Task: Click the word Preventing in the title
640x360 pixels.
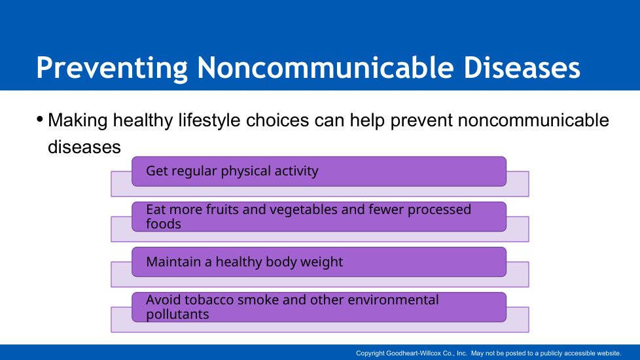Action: coord(112,68)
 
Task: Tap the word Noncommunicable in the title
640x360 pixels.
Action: coord(325,67)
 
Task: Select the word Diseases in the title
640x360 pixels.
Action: coord(522,67)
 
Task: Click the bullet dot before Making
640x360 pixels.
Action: coord(40,120)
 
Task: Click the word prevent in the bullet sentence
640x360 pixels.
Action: coord(421,121)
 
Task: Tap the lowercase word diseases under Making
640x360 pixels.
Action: coord(84,147)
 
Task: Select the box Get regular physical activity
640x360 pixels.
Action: coord(319,171)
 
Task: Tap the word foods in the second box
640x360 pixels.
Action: coord(163,224)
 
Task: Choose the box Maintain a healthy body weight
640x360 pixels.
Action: coord(319,262)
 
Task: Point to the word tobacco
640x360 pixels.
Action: coord(209,300)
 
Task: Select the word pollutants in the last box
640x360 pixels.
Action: coord(177,314)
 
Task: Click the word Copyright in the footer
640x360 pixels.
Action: coord(370,353)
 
